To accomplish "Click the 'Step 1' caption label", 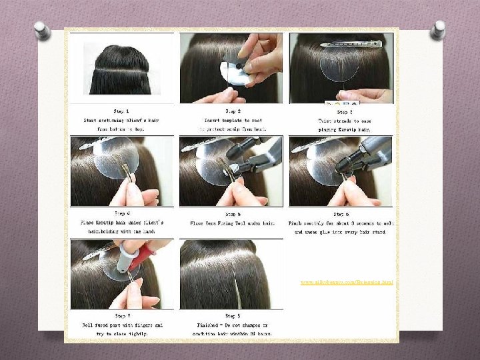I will (x=122, y=111).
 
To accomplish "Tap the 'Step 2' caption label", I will (x=233, y=111).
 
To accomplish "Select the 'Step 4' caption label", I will (x=122, y=214).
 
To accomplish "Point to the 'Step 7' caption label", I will (x=122, y=316).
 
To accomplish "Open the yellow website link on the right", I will (x=346, y=283).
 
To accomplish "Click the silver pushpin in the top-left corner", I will (x=42, y=30).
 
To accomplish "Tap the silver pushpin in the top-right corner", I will (x=437, y=29).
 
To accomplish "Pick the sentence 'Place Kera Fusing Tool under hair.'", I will (x=233, y=223).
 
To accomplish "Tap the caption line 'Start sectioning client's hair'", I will (x=122, y=120).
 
